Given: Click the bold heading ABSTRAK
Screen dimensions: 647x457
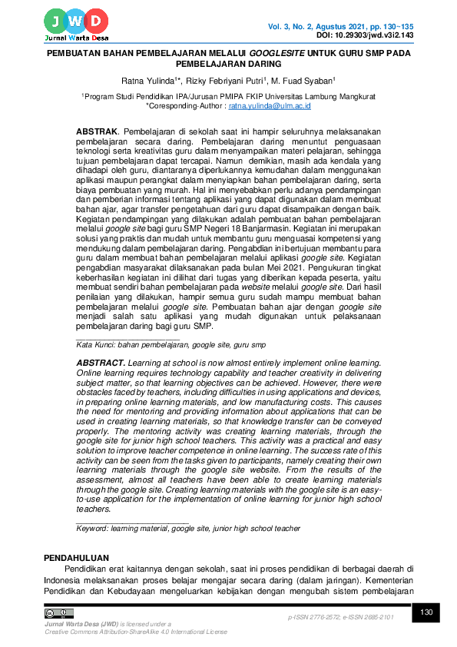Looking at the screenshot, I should tap(96, 132).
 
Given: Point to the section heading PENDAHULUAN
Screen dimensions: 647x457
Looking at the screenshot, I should tap(76, 557).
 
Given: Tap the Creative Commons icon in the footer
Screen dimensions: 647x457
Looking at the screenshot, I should tap(58, 613).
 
